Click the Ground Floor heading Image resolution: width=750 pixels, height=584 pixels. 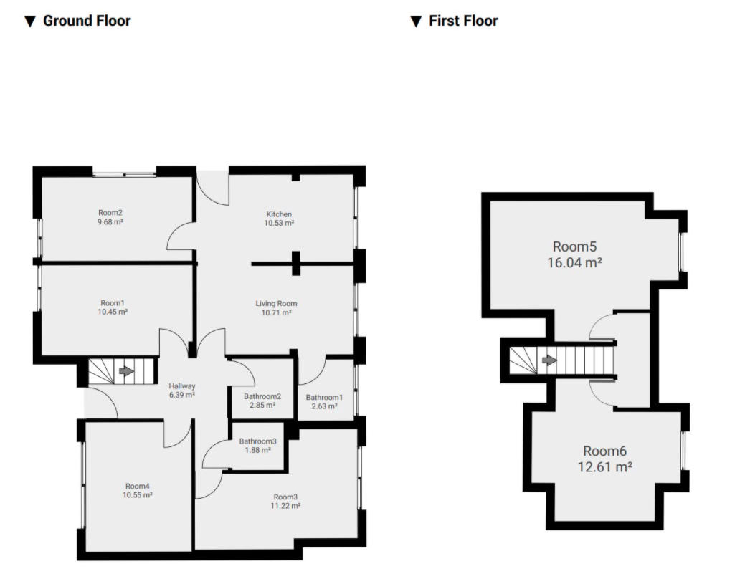tap(87, 21)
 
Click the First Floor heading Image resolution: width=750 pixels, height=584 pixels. tap(463, 21)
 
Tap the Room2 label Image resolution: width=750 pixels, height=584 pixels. tap(110, 213)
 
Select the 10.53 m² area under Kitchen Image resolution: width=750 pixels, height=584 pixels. tap(280, 223)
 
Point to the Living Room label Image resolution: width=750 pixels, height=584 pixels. tap(276, 304)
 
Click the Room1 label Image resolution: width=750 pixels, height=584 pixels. tap(113, 303)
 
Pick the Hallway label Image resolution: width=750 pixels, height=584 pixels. tap(181, 386)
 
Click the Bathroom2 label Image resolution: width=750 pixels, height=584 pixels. tap(262, 396)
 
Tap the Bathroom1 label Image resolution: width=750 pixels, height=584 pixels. tap(324, 397)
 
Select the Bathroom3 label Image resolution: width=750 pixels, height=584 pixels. tap(258, 441)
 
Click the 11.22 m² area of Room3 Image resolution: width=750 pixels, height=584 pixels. tap(285, 506)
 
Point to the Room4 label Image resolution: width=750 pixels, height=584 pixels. tap(137, 486)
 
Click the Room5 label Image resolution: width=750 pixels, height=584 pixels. tap(574, 246)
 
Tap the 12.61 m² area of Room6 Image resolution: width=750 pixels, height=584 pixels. tap(604, 466)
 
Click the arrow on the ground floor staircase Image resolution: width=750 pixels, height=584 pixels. tap(126, 371)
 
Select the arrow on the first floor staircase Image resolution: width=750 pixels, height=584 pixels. tap(549, 360)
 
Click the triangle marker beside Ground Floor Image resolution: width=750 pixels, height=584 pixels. tap(30, 21)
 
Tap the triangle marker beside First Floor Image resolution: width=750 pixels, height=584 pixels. tap(416, 21)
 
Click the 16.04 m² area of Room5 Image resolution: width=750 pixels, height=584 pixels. tap(574, 262)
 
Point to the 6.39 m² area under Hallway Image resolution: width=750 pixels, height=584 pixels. tap(181, 396)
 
